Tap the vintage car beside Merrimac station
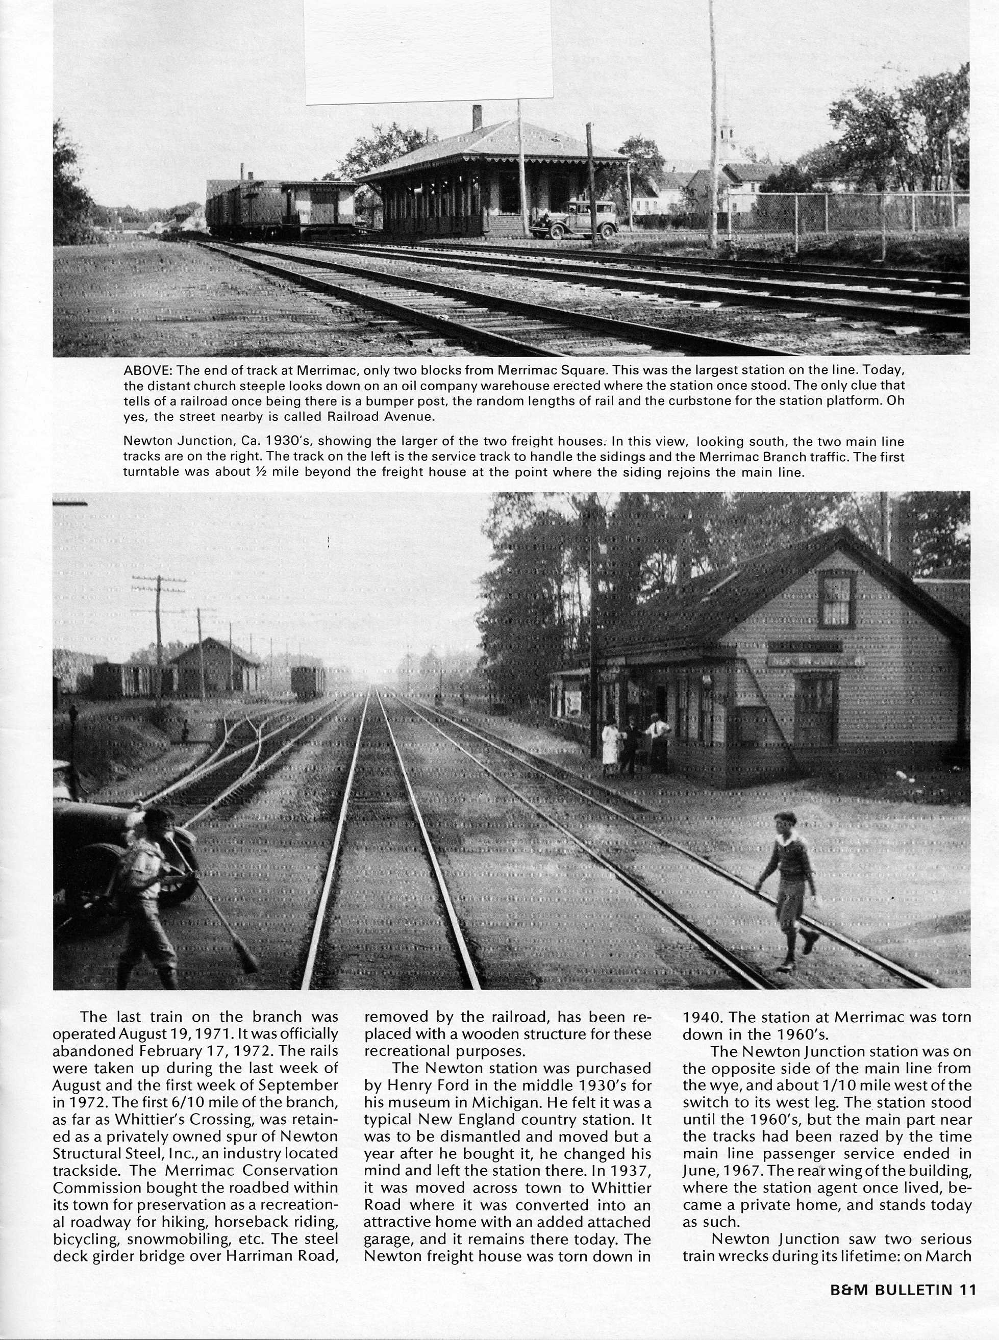pos(574,221)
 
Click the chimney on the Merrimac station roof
pos(477,117)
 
